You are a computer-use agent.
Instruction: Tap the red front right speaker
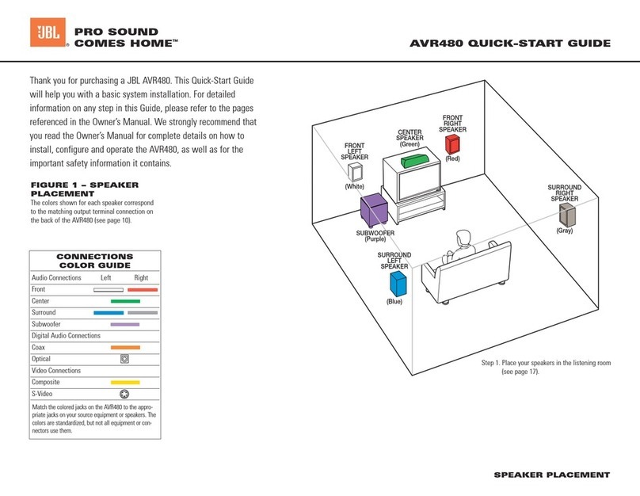point(452,144)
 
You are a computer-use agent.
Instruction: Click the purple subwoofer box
point(374,211)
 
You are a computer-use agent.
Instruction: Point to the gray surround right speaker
point(567,214)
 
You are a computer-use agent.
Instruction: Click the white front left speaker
point(359,172)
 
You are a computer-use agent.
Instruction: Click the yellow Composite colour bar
point(125,382)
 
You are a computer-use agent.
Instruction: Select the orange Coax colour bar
point(125,347)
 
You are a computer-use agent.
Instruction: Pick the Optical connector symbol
point(124,359)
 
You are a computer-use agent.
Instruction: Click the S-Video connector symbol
point(124,394)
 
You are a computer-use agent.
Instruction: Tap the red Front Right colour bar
point(143,290)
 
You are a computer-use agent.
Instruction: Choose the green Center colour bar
point(125,302)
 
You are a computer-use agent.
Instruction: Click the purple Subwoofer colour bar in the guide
point(125,324)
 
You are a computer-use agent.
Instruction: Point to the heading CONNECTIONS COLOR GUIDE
point(94,261)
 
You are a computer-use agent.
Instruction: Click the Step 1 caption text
point(547,367)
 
